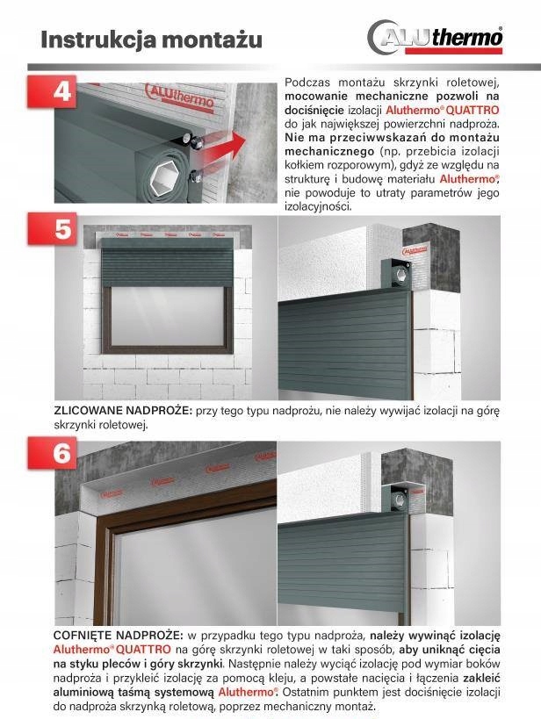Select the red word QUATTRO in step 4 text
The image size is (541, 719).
coord(474,111)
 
